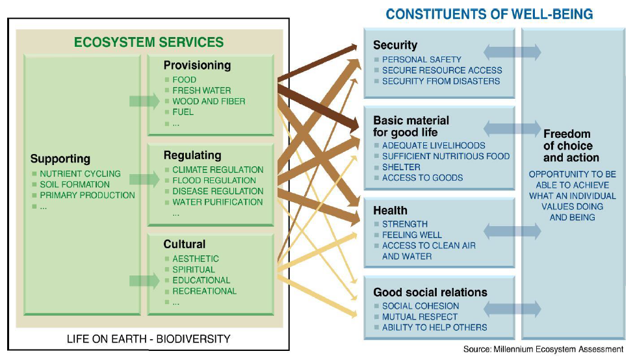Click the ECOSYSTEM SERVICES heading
tap(149, 42)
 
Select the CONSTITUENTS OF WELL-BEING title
tap(489, 14)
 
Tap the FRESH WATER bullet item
tap(201, 90)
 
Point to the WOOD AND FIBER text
tap(209, 101)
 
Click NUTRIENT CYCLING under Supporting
tap(80, 174)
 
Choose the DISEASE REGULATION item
tap(218, 191)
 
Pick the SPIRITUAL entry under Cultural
tap(194, 270)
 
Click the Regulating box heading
tap(192, 155)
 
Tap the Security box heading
tap(395, 45)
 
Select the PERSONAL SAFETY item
tap(422, 60)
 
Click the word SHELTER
tap(401, 167)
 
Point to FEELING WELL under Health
tap(412, 235)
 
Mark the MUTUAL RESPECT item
tap(420, 316)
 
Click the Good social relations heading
tap(430, 292)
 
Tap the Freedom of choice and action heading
tap(571, 146)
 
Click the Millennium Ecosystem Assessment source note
tap(543, 349)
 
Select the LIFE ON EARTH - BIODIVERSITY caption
tap(149, 339)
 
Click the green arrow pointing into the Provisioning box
tap(144, 101)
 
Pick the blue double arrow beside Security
tap(512, 52)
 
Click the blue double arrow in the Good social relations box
tap(512, 309)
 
